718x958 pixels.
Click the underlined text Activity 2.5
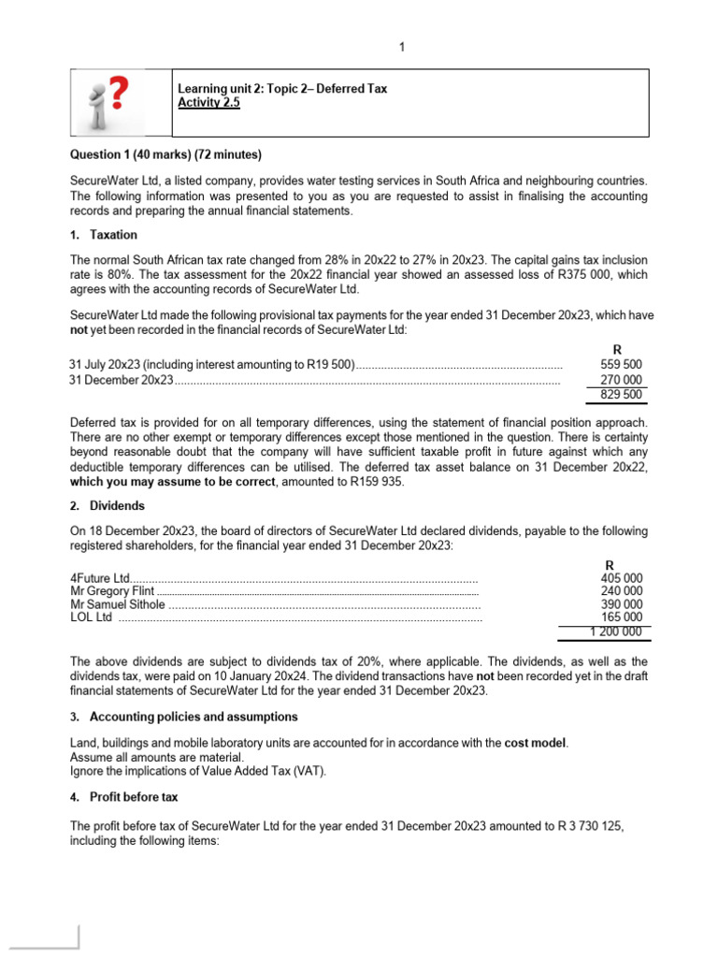point(208,104)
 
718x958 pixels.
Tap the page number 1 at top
point(401,48)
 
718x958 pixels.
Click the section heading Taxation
point(113,235)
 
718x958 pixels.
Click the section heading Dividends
point(117,505)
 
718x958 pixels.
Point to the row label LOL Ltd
point(92,617)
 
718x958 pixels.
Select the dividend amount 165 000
point(621,617)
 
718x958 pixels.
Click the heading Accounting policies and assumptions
point(194,717)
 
